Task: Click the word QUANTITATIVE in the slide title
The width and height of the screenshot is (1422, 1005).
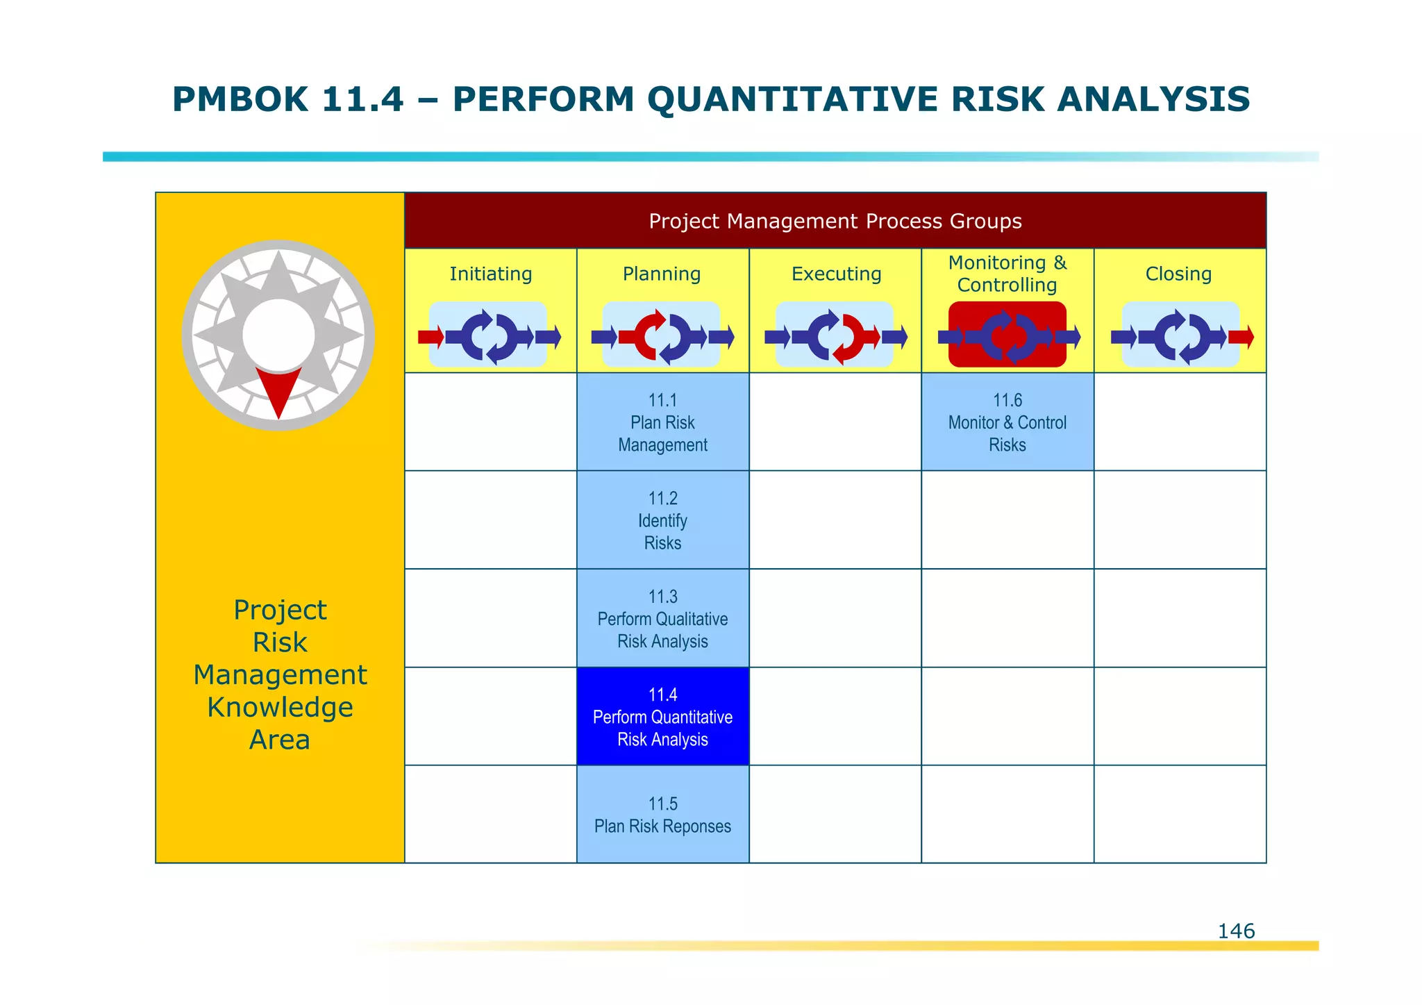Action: point(792,99)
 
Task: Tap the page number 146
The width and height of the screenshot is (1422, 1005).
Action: point(1236,931)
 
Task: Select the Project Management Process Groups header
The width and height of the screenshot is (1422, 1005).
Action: point(835,221)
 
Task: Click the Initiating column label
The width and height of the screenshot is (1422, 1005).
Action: point(490,274)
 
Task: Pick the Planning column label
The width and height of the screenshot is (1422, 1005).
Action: point(662,274)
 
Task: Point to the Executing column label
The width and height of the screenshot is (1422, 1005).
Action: point(836,274)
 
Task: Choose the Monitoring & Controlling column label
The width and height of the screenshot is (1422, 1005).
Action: point(1007,274)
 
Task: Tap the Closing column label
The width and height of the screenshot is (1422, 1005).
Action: point(1178,274)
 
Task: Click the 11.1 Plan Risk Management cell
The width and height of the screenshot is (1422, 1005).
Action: point(662,422)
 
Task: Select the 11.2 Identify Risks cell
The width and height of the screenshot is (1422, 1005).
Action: point(662,520)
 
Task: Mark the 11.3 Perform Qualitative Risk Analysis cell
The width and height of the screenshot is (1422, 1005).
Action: point(662,619)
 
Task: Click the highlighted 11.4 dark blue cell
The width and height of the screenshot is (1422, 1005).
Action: point(662,717)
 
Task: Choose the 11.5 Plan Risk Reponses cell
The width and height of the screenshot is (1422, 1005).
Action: point(662,815)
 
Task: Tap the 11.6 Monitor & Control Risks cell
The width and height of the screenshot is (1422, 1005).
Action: point(1007,422)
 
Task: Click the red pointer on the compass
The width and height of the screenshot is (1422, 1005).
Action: point(278,389)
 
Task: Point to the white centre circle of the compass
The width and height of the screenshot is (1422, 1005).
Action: point(278,335)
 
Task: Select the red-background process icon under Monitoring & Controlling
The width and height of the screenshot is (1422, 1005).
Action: point(1007,335)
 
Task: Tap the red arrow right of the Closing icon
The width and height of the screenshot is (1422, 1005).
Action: point(1241,338)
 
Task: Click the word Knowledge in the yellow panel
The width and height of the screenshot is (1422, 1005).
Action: point(280,707)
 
